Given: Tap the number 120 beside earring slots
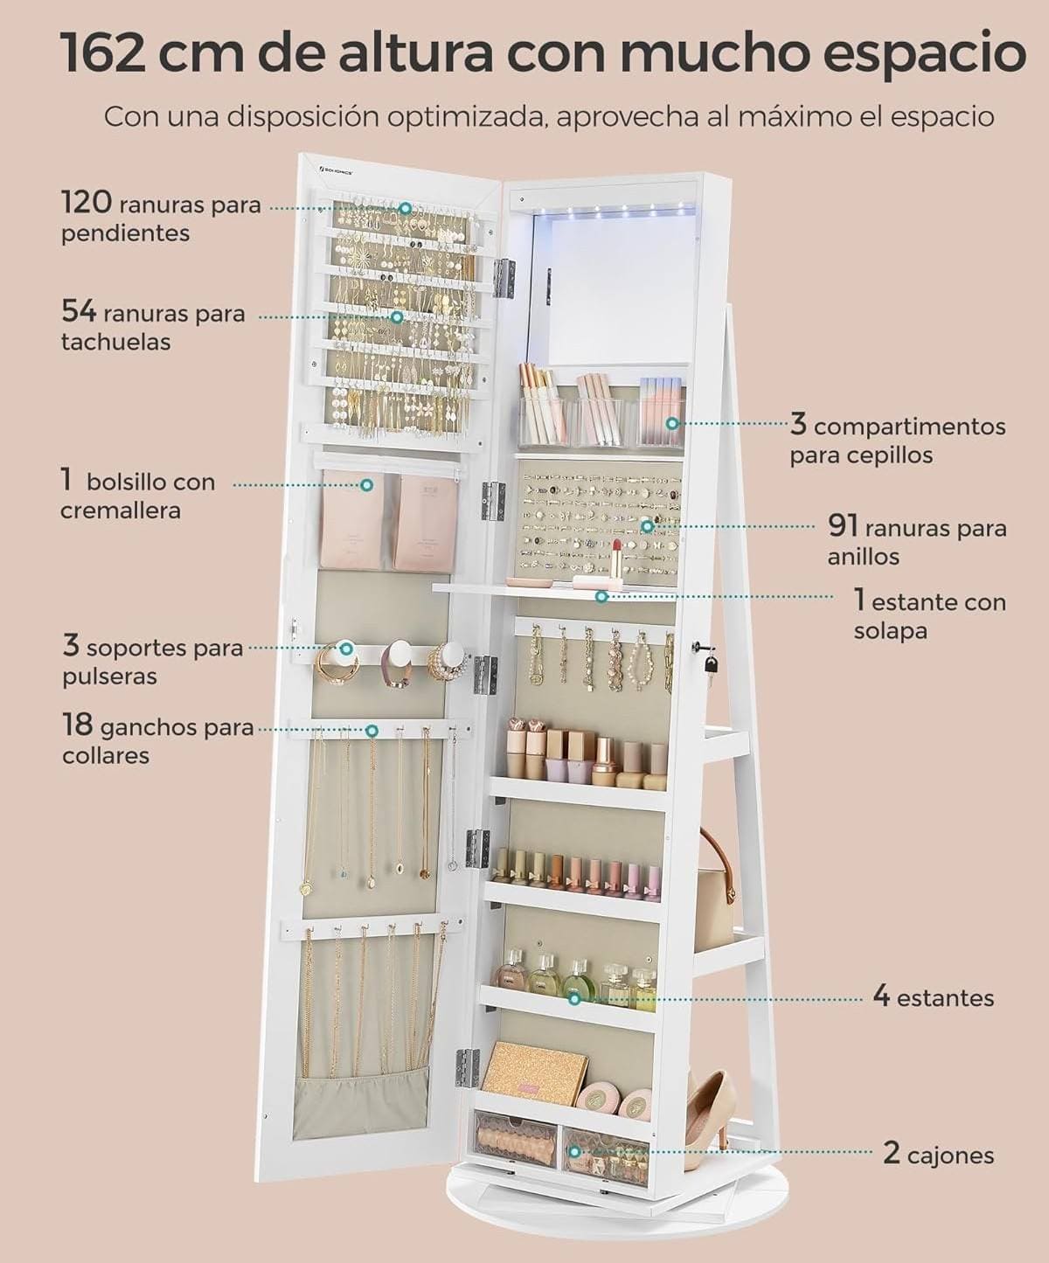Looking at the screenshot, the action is tap(87, 201).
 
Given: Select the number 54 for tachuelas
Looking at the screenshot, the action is tap(79, 311).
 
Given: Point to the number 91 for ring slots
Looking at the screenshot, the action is tap(844, 525).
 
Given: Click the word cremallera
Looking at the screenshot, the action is tap(121, 510).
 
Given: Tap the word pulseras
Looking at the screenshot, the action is tap(109, 677).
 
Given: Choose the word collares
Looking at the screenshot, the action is tap(106, 755).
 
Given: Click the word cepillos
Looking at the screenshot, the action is tap(861, 455).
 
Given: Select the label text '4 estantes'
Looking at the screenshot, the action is tap(933, 996).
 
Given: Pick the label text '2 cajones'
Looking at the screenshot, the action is tap(938, 1154).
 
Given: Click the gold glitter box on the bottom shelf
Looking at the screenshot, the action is tap(535, 1071).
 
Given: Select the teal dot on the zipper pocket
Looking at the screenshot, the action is tap(366, 484).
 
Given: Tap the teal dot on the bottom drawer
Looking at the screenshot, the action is tap(574, 1151).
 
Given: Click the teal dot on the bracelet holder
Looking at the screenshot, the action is tap(347, 648).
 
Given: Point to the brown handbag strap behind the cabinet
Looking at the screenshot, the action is tap(720, 859).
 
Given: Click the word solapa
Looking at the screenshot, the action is tap(891, 631).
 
